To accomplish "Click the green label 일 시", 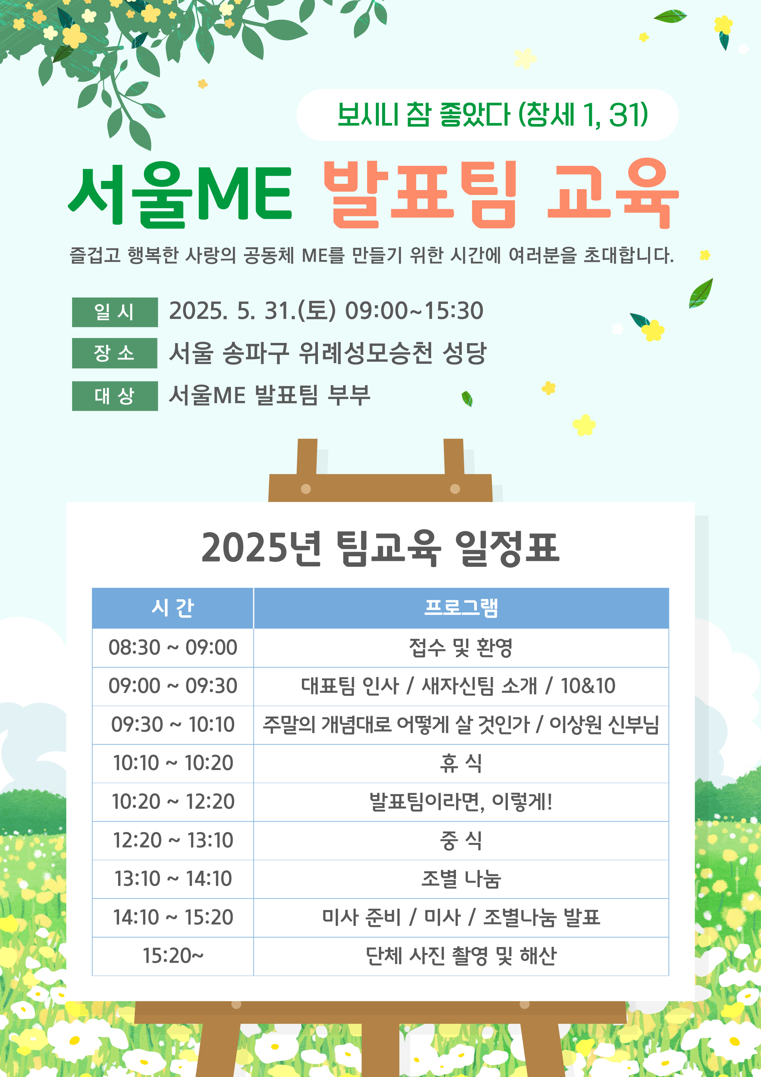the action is tap(115, 312).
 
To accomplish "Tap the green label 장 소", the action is tap(115, 353).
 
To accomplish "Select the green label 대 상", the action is tap(115, 396).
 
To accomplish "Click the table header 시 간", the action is tap(172, 608).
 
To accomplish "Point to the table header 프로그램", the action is tap(461, 608).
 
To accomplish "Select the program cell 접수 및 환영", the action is tap(461, 648).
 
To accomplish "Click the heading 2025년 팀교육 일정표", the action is tap(380, 548).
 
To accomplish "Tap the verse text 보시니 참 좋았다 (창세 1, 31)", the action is tap(493, 115).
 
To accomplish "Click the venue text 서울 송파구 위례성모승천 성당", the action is tap(328, 353).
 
